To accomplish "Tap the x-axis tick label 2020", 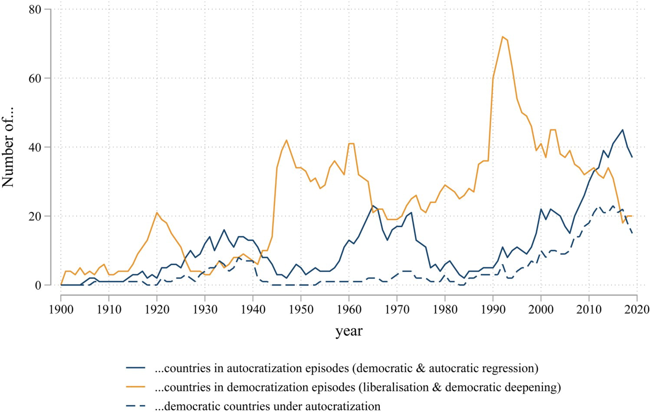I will click(x=637, y=310).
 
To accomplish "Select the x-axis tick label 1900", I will click(x=61, y=310).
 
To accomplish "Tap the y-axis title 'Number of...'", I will click(x=9, y=147).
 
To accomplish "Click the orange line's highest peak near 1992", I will click(x=502, y=37).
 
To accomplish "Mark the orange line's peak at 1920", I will click(x=157, y=213).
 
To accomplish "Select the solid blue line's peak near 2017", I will click(x=622, y=130).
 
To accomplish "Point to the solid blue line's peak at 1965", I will click(x=372, y=206).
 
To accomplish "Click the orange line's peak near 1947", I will click(x=286, y=140).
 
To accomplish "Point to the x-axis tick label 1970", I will click(x=397, y=310).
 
